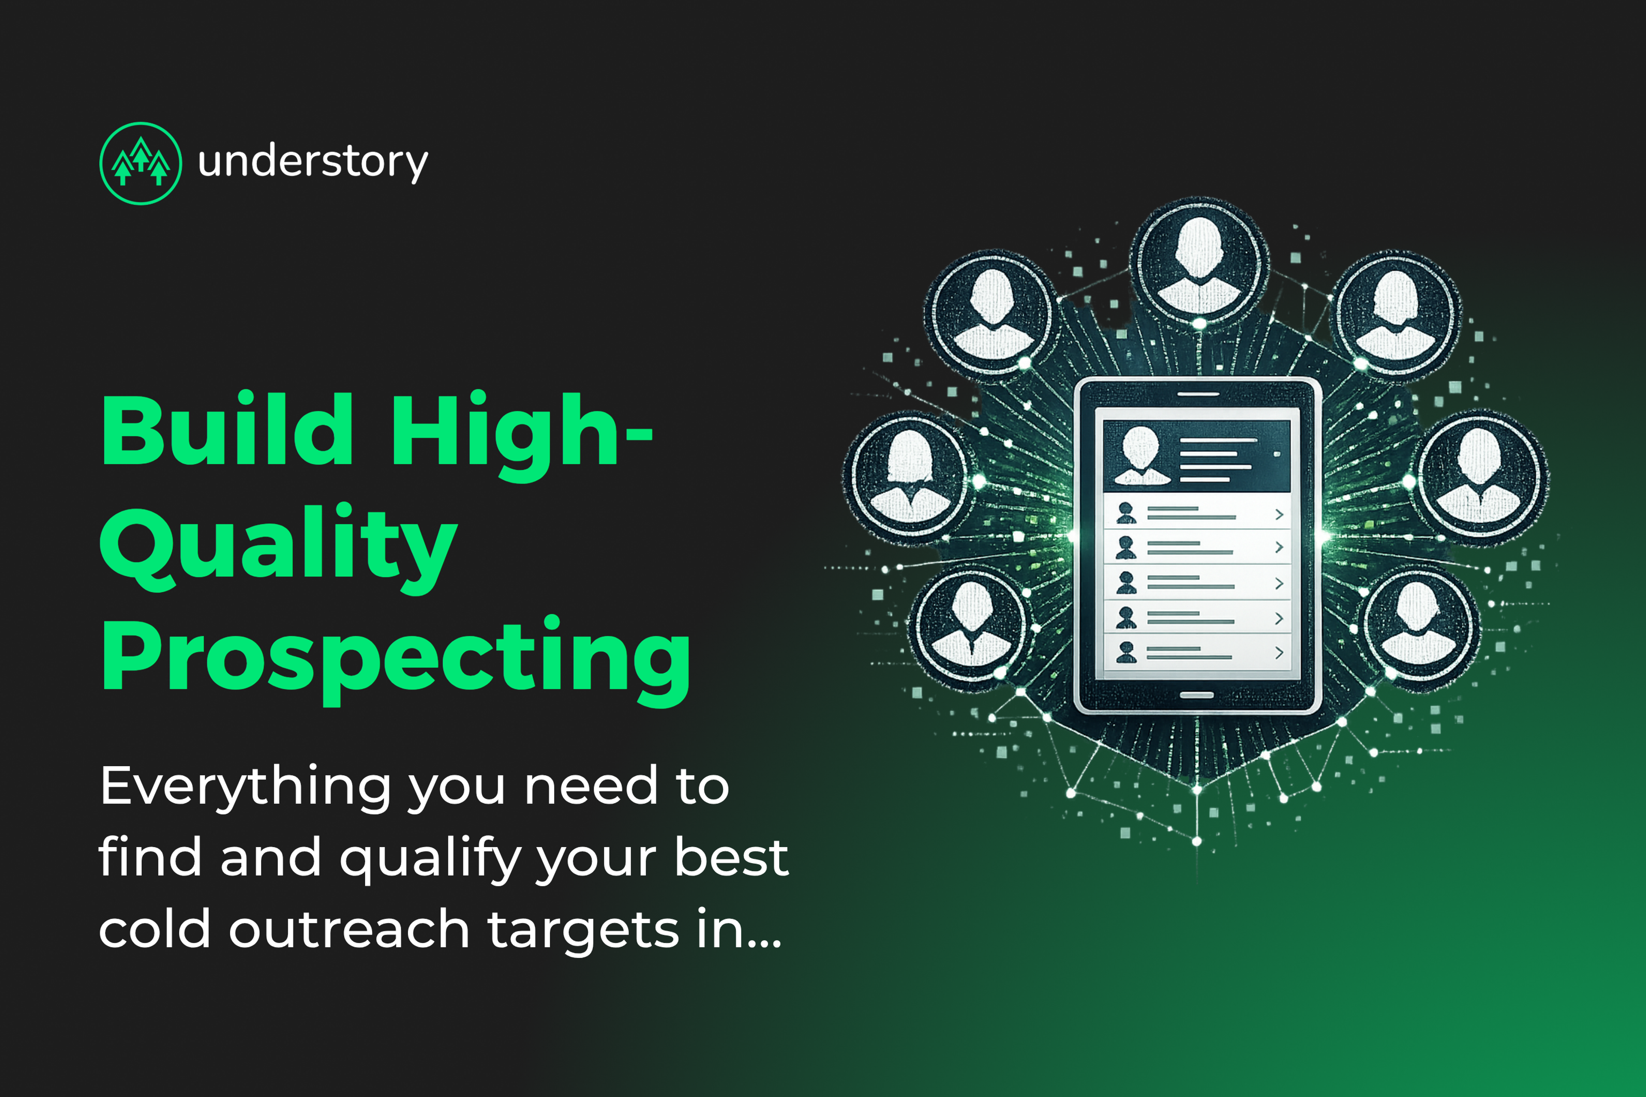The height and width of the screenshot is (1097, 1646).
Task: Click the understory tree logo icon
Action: (x=141, y=164)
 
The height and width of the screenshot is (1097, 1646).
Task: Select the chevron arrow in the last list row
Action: (x=1279, y=652)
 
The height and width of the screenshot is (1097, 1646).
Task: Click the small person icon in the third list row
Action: (x=1126, y=582)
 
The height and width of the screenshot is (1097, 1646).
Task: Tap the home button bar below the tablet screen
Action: (x=1197, y=695)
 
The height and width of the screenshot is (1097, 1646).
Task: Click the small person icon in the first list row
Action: (x=1126, y=513)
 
